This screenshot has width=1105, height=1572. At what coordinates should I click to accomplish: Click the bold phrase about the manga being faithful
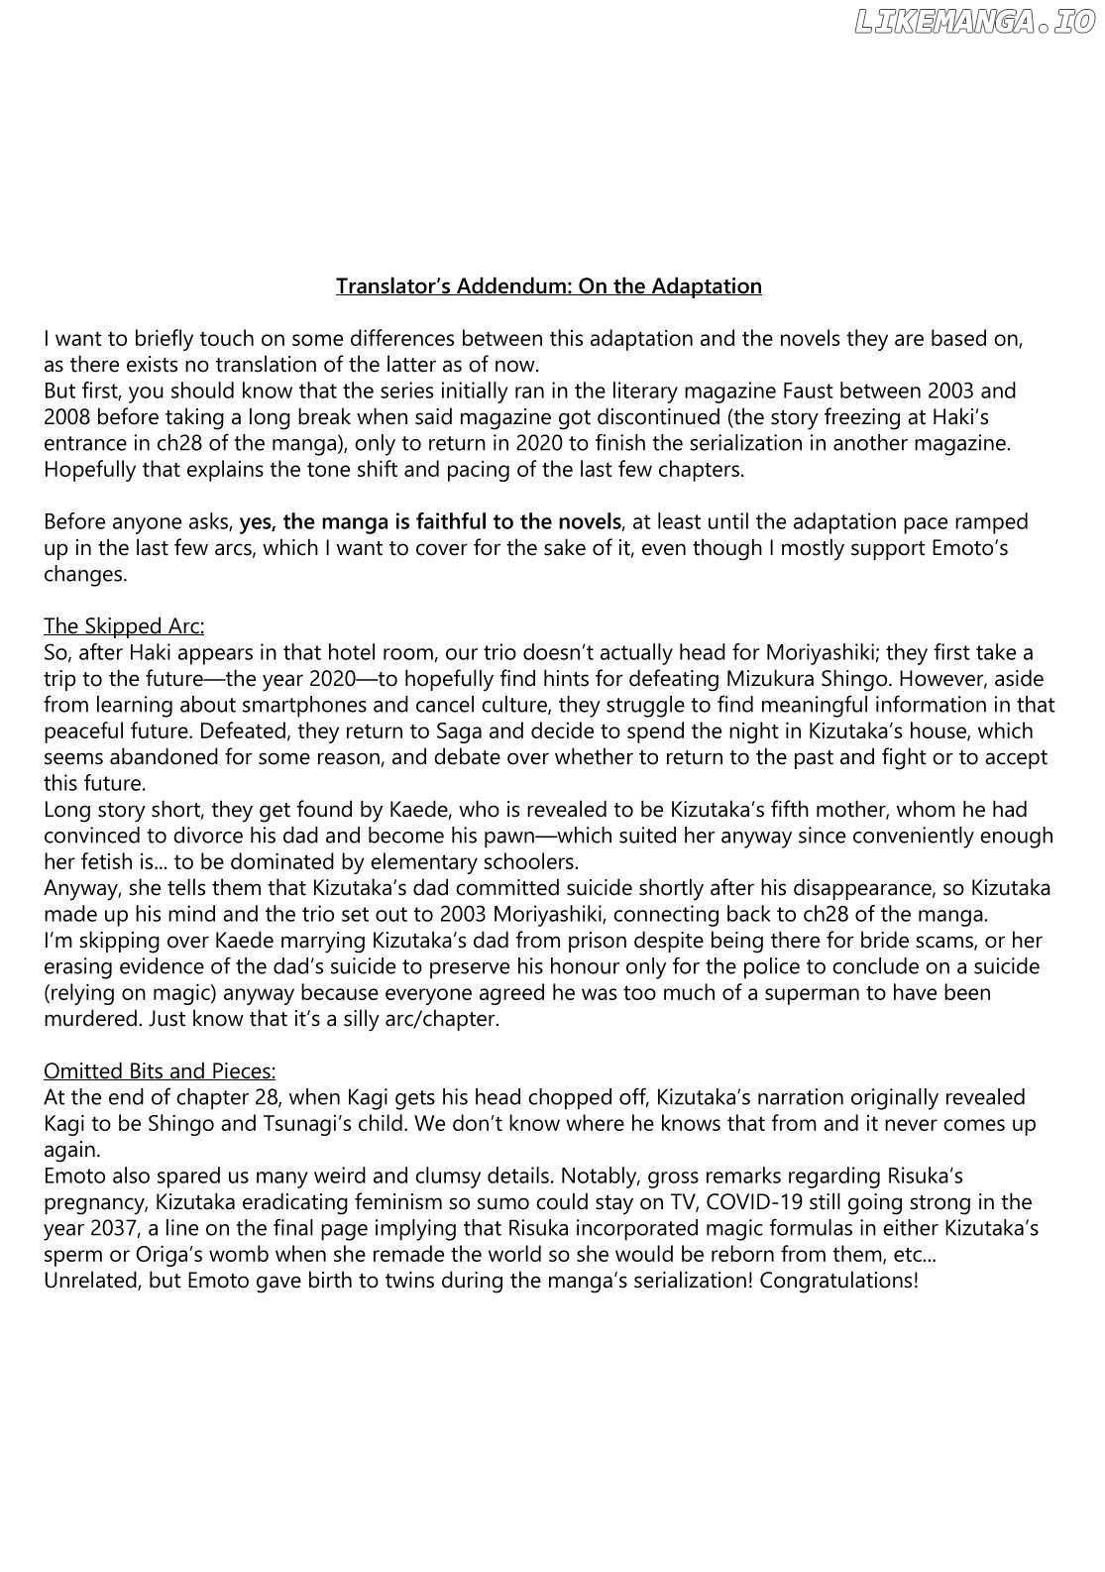(x=430, y=521)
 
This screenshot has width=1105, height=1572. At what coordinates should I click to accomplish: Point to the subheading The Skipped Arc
(x=124, y=626)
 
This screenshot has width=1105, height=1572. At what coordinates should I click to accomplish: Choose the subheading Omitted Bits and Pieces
(x=160, y=1071)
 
